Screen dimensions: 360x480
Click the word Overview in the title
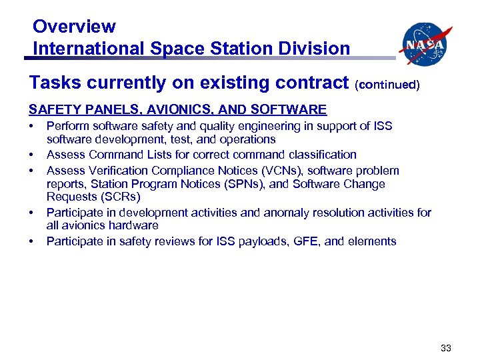(x=74, y=27)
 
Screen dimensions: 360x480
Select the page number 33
(x=446, y=347)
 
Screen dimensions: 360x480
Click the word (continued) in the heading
(x=387, y=85)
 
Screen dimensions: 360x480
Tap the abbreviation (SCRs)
(x=113, y=197)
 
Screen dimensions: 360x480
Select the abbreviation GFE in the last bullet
(x=309, y=241)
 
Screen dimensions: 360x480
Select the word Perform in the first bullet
(x=67, y=126)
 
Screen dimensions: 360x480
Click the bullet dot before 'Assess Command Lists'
(x=31, y=155)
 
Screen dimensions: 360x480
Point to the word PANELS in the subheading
(x=101, y=109)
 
